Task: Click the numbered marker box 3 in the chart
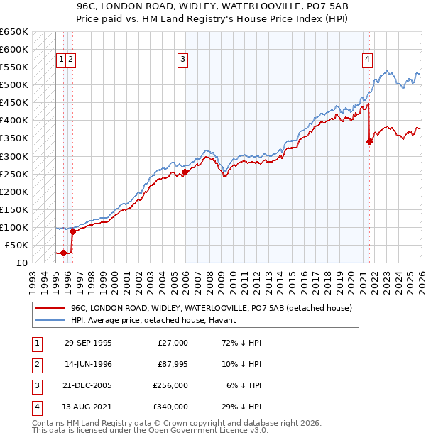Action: coord(183,60)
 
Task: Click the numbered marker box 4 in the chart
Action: coord(368,60)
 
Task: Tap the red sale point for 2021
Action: coord(369,141)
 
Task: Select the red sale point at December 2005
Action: coord(185,171)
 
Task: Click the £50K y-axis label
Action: coord(16,245)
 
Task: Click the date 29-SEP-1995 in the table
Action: coord(88,343)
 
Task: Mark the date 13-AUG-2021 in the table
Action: coord(88,407)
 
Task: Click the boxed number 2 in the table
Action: coord(35,364)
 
